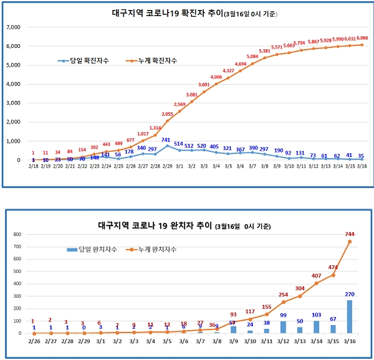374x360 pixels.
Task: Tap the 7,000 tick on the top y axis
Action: point(12,27)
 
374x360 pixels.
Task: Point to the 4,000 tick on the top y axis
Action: point(12,84)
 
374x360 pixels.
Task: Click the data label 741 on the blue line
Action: point(166,140)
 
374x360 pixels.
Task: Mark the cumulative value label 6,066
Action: point(362,38)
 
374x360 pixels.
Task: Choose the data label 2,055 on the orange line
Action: point(167,114)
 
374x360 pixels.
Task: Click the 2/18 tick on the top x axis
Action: point(33,167)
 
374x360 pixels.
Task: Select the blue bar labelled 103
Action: point(315,327)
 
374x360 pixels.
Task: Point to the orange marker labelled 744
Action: point(348,242)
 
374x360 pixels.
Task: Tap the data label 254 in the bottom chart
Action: point(282,295)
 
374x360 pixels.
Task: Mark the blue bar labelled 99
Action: point(282,327)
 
